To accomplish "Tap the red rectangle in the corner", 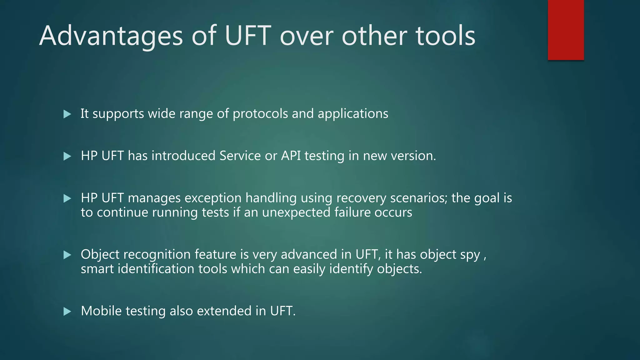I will [566, 30].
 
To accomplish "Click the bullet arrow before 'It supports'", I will [67, 114].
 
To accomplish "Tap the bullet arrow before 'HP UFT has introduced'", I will [67, 156].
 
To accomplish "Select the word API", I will [291, 156].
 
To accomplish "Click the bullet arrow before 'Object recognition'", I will [67, 255].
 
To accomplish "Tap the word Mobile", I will [101, 311].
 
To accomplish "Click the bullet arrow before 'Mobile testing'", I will [67, 311].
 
